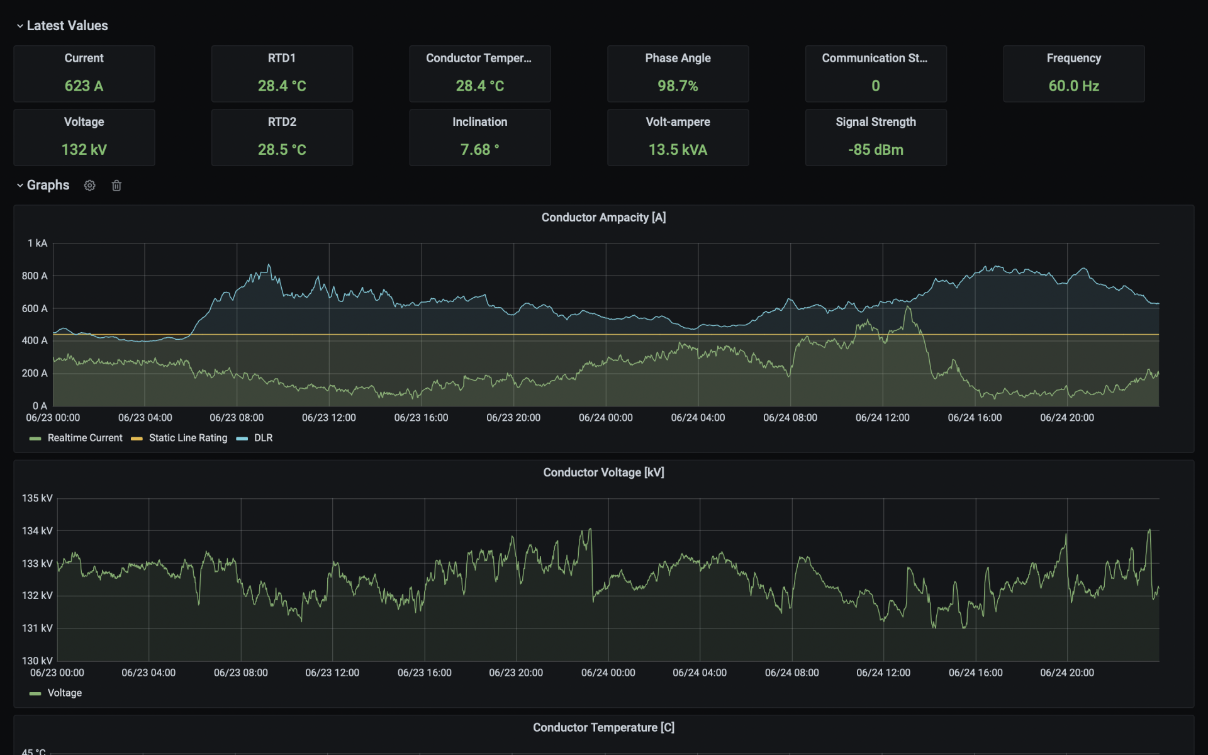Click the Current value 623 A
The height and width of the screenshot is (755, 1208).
(84, 86)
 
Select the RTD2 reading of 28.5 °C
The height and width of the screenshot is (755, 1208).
(281, 150)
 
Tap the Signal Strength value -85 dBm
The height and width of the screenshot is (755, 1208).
(875, 150)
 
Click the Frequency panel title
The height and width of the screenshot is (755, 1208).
(1073, 58)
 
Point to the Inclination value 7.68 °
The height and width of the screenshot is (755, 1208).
(479, 150)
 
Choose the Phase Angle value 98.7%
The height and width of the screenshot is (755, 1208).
(678, 86)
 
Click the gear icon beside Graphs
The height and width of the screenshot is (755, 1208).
(90, 186)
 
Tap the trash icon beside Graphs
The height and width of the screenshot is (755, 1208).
(116, 186)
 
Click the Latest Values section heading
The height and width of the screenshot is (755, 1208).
(67, 26)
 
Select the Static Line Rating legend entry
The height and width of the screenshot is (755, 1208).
(187, 438)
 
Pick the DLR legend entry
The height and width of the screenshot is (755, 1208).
(263, 438)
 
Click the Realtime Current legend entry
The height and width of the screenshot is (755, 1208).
(84, 438)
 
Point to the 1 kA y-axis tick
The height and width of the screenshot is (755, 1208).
(37, 243)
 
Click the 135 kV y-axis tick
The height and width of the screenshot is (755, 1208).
(37, 498)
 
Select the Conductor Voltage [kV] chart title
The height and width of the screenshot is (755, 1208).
(603, 473)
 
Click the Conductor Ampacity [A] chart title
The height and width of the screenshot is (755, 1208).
(603, 218)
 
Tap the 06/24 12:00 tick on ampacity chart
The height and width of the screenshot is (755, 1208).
(882, 418)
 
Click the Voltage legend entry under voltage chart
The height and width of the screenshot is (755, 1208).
(64, 693)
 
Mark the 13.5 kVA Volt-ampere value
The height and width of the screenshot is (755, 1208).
(678, 150)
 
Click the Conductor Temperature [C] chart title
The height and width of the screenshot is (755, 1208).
(603, 727)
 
